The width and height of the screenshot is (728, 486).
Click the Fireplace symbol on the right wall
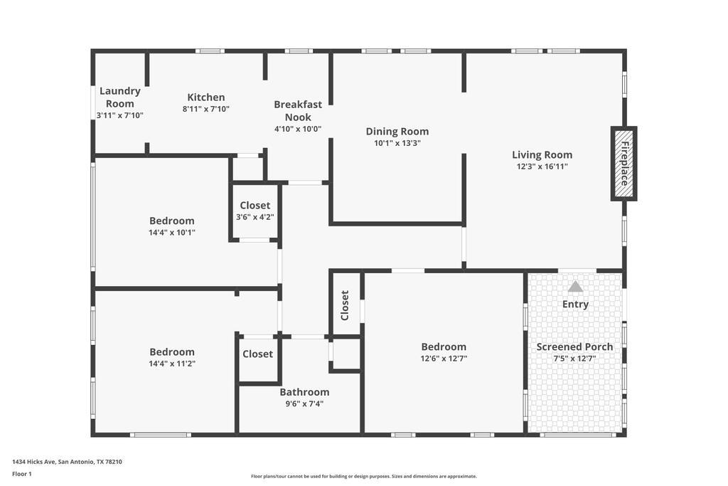(x=623, y=163)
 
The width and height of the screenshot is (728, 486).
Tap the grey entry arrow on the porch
(x=575, y=287)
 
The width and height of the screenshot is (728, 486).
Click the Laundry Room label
(x=119, y=97)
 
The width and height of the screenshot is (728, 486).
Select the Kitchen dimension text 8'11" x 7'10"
(x=206, y=109)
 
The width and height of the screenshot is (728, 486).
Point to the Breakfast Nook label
(x=298, y=110)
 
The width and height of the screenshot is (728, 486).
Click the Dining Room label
(x=397, y=131)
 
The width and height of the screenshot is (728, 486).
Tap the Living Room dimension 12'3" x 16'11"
(x=542, y=167)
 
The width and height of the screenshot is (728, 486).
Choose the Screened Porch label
(x=574, y=347)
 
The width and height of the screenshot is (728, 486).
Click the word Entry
(x=575, y=304)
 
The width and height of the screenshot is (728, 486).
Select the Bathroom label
(x=304, y=391)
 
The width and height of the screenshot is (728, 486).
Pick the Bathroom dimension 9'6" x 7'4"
(x=304, y=403)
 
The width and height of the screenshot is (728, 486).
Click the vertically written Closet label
(x=345, y=305)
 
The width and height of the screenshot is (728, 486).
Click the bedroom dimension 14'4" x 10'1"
(x=172, y=232)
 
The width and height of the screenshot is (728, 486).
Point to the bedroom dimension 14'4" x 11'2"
(x=172, y=364)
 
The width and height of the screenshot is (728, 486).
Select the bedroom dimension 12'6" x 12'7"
(x=444, y=359)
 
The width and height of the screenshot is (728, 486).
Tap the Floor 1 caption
(x=22, y=474)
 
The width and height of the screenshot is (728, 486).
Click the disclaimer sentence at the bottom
(x=364, y=476)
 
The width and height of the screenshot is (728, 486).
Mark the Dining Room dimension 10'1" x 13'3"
(x=397, y=143)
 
